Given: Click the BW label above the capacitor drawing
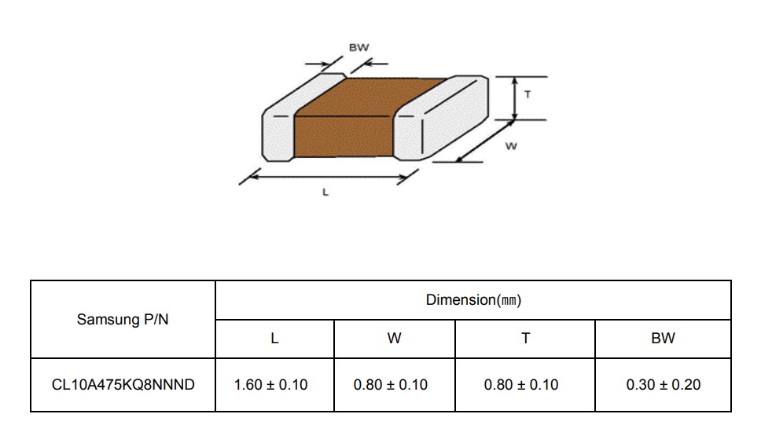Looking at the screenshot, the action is (358, 48).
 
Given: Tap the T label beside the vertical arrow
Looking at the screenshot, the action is (528, 94).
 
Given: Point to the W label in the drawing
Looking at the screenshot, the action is (511, 146).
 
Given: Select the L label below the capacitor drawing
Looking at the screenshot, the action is (325, 192).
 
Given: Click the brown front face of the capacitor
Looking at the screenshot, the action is (344, 137).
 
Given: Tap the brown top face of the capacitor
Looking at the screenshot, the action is (371, 97).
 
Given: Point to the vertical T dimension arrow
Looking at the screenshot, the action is (515, 98).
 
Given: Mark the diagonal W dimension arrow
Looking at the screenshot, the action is (485, 141).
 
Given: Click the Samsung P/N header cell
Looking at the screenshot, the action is (123, 319).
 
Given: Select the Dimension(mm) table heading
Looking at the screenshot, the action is (473, 300).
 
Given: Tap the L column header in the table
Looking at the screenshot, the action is (274, 339).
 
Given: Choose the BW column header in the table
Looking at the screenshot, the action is (663, 339).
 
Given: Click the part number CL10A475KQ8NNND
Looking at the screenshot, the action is (123, 385).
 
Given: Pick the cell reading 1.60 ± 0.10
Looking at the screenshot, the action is (270, 385).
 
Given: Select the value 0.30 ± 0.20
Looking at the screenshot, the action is (664, 385).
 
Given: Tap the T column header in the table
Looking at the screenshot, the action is (525, 339).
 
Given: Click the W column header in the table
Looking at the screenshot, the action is (394, 339).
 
